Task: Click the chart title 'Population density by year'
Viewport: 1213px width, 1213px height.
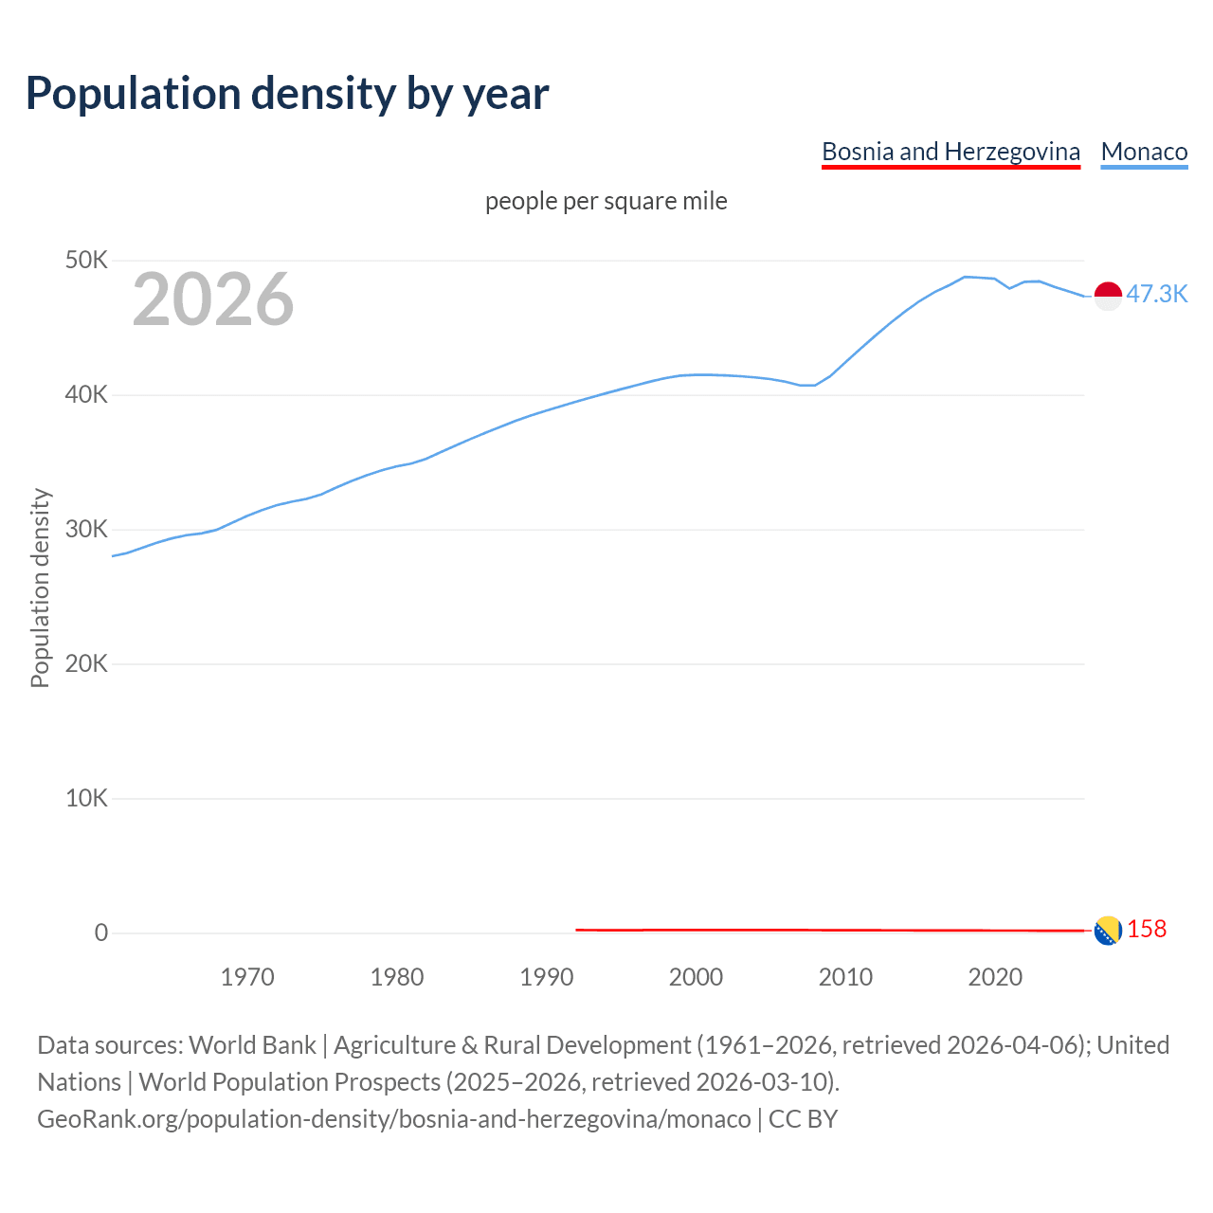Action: click(287, 93)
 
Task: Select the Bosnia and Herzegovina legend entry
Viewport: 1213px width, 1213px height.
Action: click(950, 152)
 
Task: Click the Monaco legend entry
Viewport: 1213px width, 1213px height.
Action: click(1144, 152)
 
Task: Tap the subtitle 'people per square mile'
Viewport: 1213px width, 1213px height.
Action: click(606, 201)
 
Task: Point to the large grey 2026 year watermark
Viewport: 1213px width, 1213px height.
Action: click(213, 299)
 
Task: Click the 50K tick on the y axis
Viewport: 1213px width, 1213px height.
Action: click(87, 260)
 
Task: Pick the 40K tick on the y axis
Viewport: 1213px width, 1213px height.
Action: click(87, 394)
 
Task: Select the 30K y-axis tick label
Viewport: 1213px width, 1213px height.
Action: click(87, 529)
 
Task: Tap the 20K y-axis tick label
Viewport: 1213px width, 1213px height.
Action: click(87, 663)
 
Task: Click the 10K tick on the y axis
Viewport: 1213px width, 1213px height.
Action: click(87, 798)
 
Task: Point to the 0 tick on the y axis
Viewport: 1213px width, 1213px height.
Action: click(101, 932)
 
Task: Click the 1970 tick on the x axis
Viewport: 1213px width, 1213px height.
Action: click(247, 977)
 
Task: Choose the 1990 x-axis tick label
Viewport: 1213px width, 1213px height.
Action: click(547, 977)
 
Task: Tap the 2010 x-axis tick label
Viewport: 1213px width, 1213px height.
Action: click(845, 977)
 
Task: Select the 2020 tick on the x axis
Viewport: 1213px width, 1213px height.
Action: click(995, 977)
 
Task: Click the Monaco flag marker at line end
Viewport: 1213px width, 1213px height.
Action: click(1108, 296)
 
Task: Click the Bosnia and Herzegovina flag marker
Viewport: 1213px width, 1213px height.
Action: click(1108, 931)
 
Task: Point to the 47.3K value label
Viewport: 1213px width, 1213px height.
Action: click(1156, 294)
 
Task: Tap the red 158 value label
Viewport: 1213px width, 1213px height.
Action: click(1147, 929)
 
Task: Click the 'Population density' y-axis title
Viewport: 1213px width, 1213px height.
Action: click(40, 588)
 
